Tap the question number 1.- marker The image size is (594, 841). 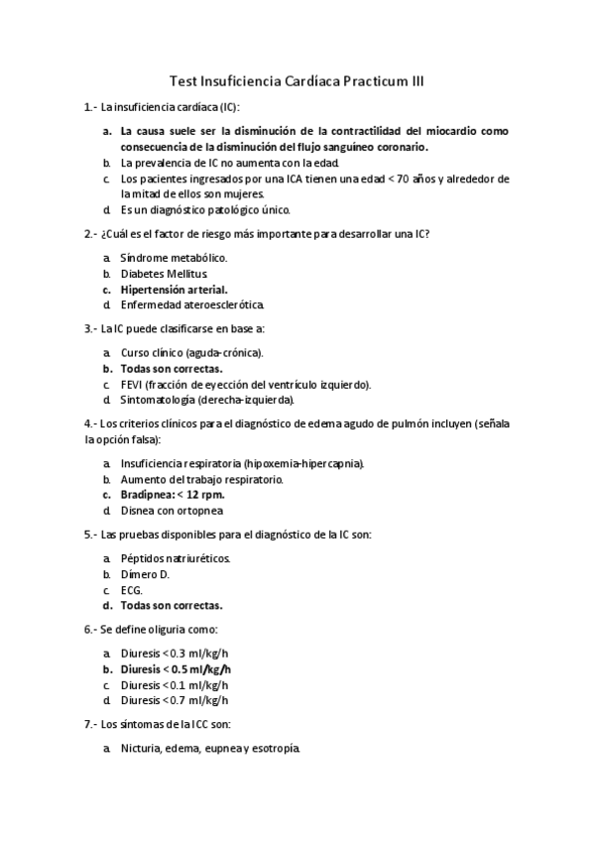(x=91, y=106)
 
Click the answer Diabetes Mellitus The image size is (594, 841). (x=165, y=273)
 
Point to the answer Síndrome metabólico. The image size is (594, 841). (x=174, y=257)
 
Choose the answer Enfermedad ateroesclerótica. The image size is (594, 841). (x=192, y=304)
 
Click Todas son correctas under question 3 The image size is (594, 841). (x=172, y=368)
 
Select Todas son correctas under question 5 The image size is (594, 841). (x=172, y=605)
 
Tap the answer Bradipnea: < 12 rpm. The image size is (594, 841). (x=173, y=494)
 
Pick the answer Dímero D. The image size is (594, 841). (x=146, y=573)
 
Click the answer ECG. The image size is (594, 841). (x=132, y=589)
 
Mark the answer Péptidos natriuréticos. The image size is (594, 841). (x=176, y=557)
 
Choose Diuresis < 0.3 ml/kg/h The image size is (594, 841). (x=175, y=653)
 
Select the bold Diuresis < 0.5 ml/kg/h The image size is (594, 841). (x=177, y=668)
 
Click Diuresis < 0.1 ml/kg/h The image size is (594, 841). (x=175, y=684)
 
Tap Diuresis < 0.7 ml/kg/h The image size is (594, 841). (x=175, y=700)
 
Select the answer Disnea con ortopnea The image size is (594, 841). (x=172, y=510)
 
